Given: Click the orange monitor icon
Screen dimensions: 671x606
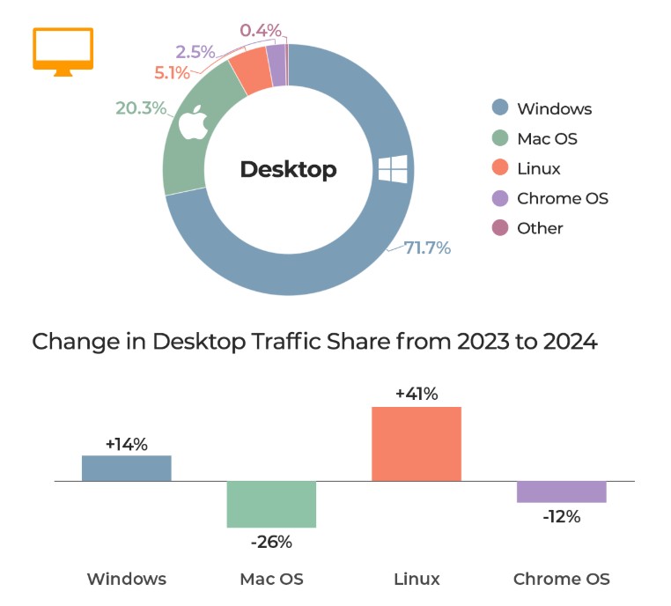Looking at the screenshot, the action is click(63, 52).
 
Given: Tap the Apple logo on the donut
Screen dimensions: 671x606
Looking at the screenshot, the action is click(194, 122).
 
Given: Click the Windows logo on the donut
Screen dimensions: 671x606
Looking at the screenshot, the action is click(393, 169).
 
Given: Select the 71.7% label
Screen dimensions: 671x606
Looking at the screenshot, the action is click(427, 248).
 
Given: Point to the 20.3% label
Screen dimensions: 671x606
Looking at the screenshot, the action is click(141, 107).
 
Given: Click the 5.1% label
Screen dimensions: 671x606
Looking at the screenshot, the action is click(172, 73).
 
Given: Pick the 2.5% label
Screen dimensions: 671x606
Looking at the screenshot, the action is click(195, 52).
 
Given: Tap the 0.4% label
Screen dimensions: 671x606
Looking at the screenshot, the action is click(261, 30).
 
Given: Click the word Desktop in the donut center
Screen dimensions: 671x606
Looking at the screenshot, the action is click(289, 169).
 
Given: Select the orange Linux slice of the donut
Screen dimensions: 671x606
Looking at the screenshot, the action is click(249, 70).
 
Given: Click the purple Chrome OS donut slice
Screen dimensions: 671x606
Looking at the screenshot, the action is click(277, 65).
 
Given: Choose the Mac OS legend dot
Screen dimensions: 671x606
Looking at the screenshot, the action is click(500, 137).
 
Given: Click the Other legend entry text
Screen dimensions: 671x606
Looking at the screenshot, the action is click(540, 228).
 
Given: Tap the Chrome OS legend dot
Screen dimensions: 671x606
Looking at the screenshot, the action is click(500, 198).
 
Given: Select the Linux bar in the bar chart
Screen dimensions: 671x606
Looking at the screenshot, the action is click(417, 444).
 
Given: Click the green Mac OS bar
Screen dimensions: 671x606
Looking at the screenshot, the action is click(271, 504).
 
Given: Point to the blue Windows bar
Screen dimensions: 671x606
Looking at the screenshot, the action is click(127, 469).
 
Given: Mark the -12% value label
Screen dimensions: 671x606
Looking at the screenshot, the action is click(562, 516).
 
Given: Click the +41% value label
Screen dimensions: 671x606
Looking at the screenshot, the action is click(417, 394).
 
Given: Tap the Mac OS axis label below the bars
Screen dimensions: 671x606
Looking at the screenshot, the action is click(272, 579).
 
